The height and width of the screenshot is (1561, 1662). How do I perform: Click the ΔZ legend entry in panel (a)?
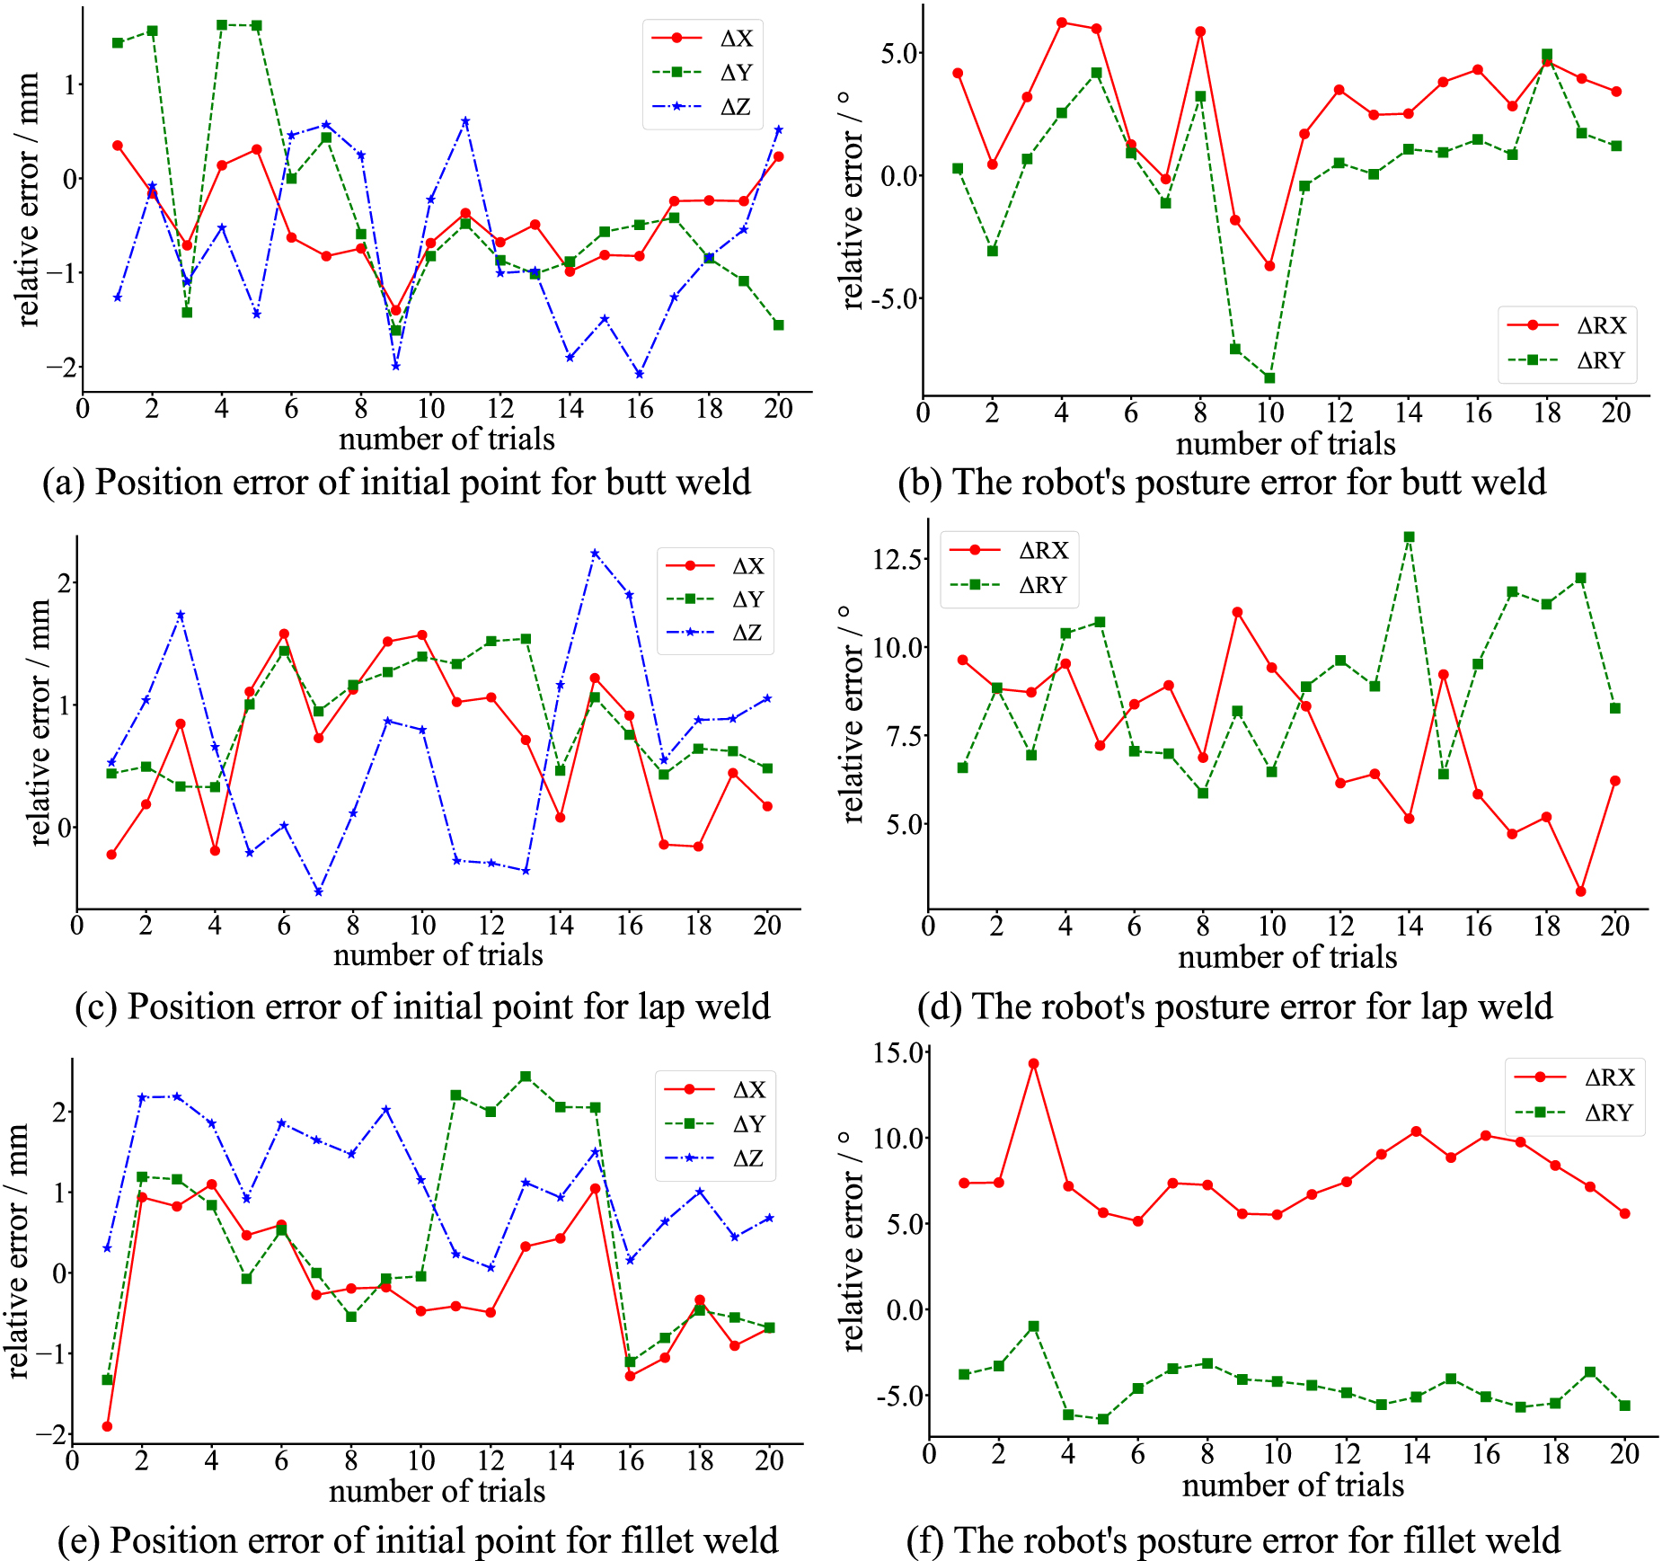coord(735,107)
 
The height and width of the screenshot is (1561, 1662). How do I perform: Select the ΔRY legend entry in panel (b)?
coord(1600,360)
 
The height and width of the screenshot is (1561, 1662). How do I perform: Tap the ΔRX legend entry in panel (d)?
coord(1043,550)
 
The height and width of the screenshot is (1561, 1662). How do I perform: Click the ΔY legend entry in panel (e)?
coord(748,1124)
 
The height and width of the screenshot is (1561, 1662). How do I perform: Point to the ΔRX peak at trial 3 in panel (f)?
coord(1033,1063)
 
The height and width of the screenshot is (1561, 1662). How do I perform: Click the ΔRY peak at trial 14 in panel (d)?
coord(1409,537)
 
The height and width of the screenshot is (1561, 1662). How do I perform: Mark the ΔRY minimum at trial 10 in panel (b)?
coord(1269,378)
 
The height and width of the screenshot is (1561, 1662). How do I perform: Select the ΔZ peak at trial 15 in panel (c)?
coord(595,554)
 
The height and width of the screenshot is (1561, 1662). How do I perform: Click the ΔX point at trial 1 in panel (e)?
coord(107,1426)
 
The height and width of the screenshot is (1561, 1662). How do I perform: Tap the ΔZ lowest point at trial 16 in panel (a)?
coord(639,374)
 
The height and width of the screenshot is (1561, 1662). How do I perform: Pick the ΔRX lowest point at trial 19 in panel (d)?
coord(1580,891)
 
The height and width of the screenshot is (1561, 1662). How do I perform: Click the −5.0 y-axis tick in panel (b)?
coord(899,298)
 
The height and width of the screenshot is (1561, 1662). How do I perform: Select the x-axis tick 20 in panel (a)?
coord(778,409)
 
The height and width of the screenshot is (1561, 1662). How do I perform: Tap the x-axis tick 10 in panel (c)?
coord(422,925)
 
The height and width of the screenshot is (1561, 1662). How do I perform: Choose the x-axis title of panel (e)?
coord(437,1491)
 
